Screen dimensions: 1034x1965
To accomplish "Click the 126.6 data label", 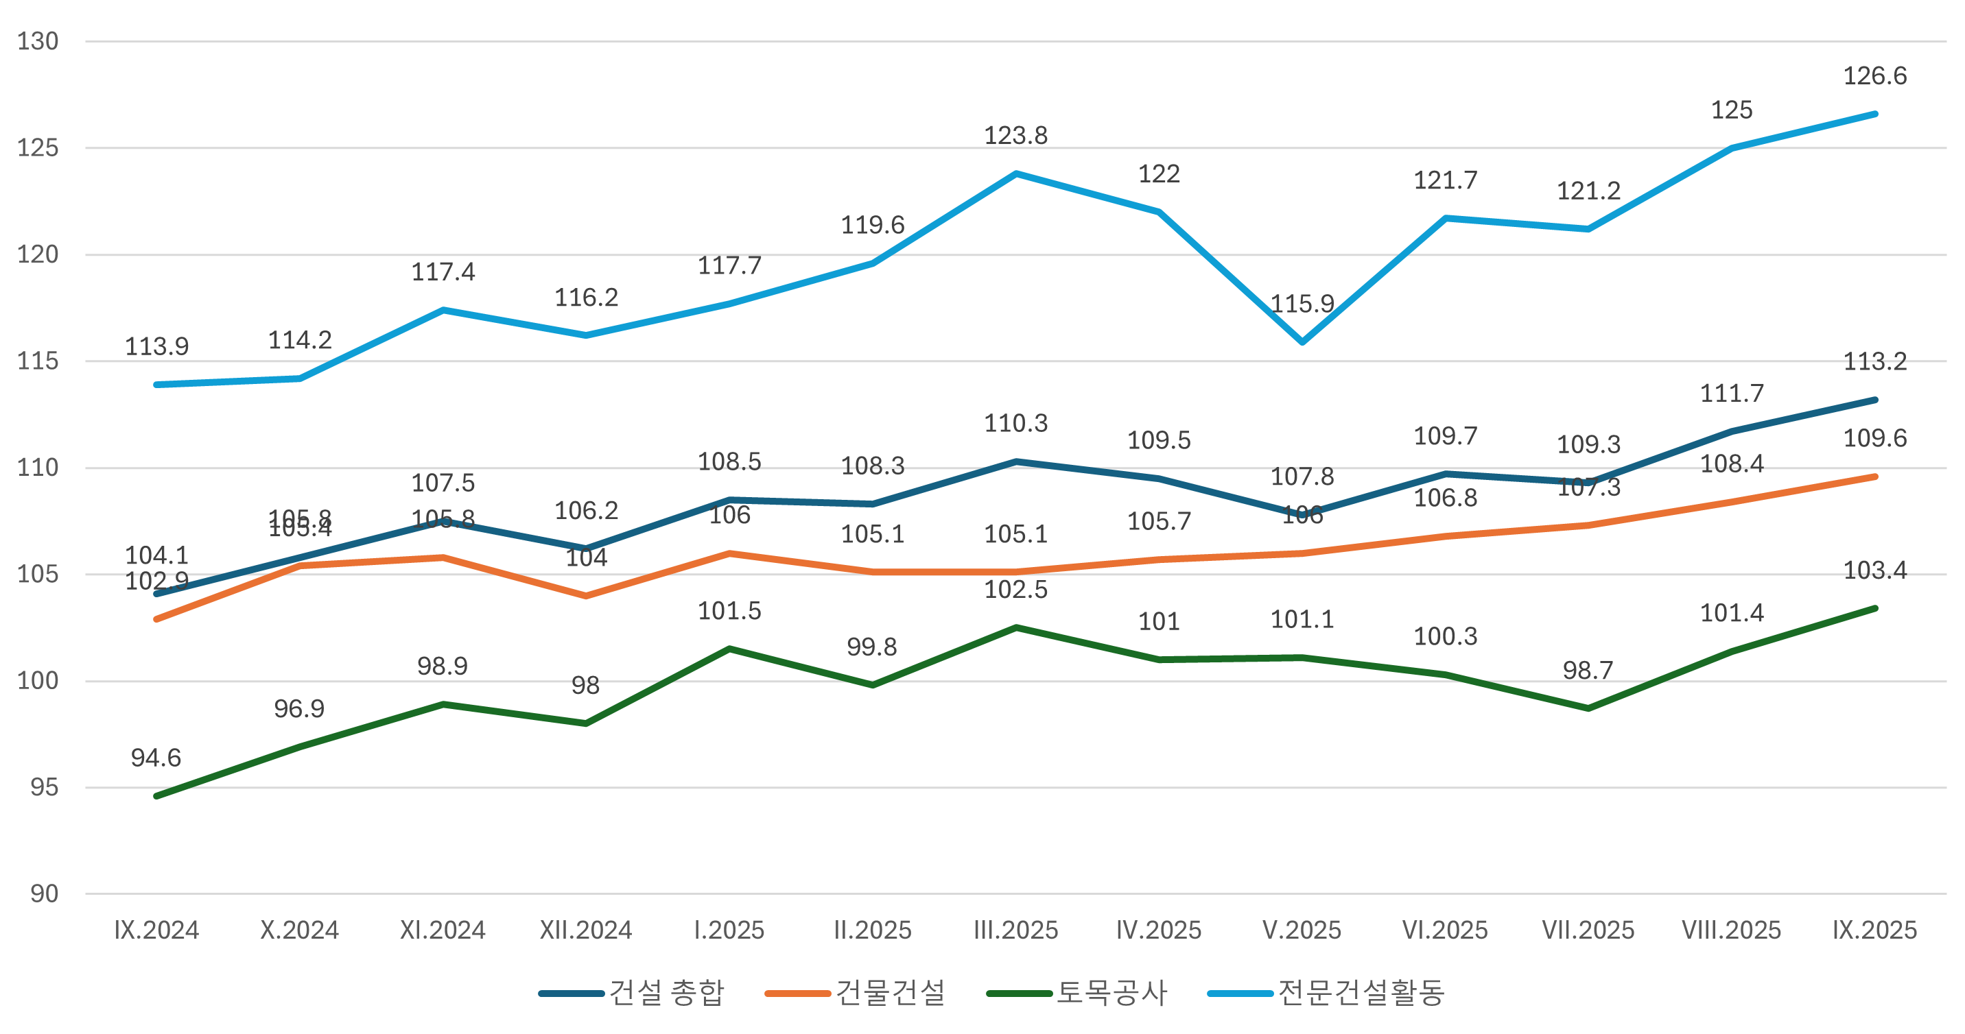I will tap(1874, 76).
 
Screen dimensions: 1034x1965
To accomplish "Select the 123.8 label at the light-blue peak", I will tap(1015, 136).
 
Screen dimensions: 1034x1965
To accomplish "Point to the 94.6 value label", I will tap(156, 758).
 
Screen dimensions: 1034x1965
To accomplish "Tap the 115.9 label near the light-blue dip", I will tap(1302, 304).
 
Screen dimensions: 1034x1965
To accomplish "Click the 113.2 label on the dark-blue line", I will tap(1874, 361).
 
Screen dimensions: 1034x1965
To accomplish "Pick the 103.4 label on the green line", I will tap(1874, 570).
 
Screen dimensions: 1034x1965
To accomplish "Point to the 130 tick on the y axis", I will tap(38, 41).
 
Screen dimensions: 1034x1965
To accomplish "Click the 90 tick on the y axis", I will tap(44, 893).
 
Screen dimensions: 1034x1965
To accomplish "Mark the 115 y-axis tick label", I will tap(38, 361).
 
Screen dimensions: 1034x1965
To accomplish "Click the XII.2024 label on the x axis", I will tap(586, 930).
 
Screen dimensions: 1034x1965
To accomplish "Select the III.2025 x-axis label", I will tap(1015, 930).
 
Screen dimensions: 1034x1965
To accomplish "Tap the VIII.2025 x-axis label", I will tap(1731, 930).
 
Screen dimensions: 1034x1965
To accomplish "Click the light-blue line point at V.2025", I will tap(1302, 341).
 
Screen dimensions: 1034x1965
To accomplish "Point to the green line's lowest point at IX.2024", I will tap(156, 796).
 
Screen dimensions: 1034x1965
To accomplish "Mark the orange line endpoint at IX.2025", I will tap(1875, 477).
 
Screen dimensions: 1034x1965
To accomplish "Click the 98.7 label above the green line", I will tap(1588, 671).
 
